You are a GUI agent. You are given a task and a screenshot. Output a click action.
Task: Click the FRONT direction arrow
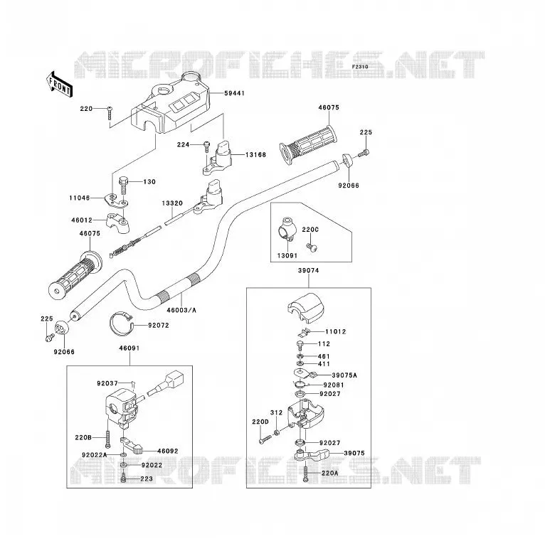(59, 85)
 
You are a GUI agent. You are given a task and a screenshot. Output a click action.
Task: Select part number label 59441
(235, 93)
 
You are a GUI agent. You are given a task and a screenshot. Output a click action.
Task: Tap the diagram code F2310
(360, 67)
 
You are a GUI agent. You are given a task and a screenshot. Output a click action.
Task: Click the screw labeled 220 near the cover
(110, 113)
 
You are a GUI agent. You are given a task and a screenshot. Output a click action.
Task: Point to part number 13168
(255, 154)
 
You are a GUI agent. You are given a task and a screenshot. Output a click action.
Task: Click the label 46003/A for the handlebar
(181, 310)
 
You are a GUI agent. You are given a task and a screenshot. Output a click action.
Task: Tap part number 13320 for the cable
(172, 203)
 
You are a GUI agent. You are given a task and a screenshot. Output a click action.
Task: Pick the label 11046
(80, 198)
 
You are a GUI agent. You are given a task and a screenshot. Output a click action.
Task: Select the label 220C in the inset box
(310, 230)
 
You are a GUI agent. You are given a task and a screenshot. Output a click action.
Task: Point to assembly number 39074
(308, 271)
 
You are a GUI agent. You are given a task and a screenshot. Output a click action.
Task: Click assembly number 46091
(129, 348)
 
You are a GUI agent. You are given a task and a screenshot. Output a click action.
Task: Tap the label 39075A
(344, 375)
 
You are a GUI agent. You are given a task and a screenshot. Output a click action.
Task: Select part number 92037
(107, 383)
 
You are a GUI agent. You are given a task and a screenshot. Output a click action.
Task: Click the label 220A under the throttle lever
(330, 473)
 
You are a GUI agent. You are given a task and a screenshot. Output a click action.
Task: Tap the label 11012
(335, 331)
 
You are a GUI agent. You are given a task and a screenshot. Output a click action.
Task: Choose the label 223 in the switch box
(147, 479)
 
